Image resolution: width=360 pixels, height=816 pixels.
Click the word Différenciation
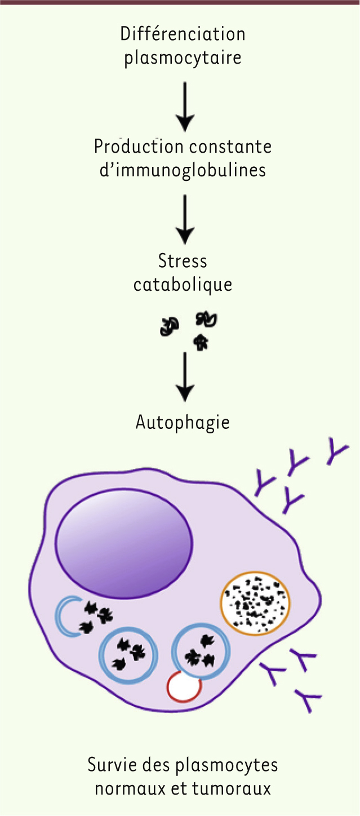[x=183, y=34]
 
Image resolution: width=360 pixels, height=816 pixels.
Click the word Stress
[x=183, y=261]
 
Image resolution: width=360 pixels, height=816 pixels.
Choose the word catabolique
[x=183, y=285]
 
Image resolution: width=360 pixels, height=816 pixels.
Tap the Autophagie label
[x=183, y=423]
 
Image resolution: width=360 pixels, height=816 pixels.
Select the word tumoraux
[x=232, y=789]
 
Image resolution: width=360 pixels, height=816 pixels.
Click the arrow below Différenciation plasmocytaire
[x=185, y=107]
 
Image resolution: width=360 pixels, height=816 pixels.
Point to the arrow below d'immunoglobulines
[x=185, y=219]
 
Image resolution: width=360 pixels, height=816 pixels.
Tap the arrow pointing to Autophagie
[x=185, y=376]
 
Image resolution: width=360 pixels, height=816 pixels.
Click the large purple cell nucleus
[x=124, y=543]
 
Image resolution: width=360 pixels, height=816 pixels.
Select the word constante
[x=230, y=147]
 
